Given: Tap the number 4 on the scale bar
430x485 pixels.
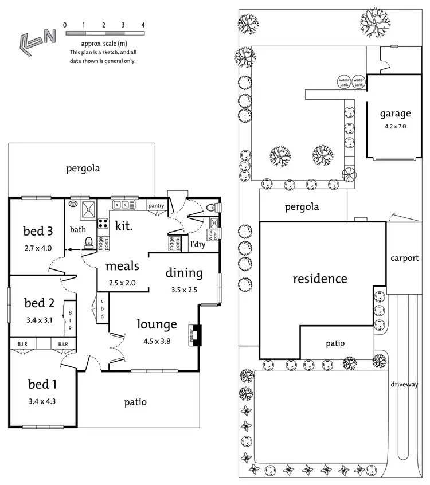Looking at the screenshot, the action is coord(143,25).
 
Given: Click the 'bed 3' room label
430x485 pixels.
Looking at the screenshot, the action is coord(38,231).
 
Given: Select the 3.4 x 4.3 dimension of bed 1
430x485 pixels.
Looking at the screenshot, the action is coord(42,401).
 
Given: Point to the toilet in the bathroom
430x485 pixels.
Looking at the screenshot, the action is coord(89,242).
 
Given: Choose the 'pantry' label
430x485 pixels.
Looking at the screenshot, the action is coord(157,205).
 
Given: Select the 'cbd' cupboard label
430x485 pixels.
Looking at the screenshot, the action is coord(102,309).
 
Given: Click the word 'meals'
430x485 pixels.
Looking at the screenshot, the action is coord(122,266).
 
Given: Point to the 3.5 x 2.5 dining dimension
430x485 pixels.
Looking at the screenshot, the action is coord(184,290).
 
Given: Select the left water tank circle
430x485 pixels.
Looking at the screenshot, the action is coord(344,82).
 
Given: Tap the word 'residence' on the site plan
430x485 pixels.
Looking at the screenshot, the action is coord(320,279).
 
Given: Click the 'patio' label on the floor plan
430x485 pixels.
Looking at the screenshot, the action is coord(135,402).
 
